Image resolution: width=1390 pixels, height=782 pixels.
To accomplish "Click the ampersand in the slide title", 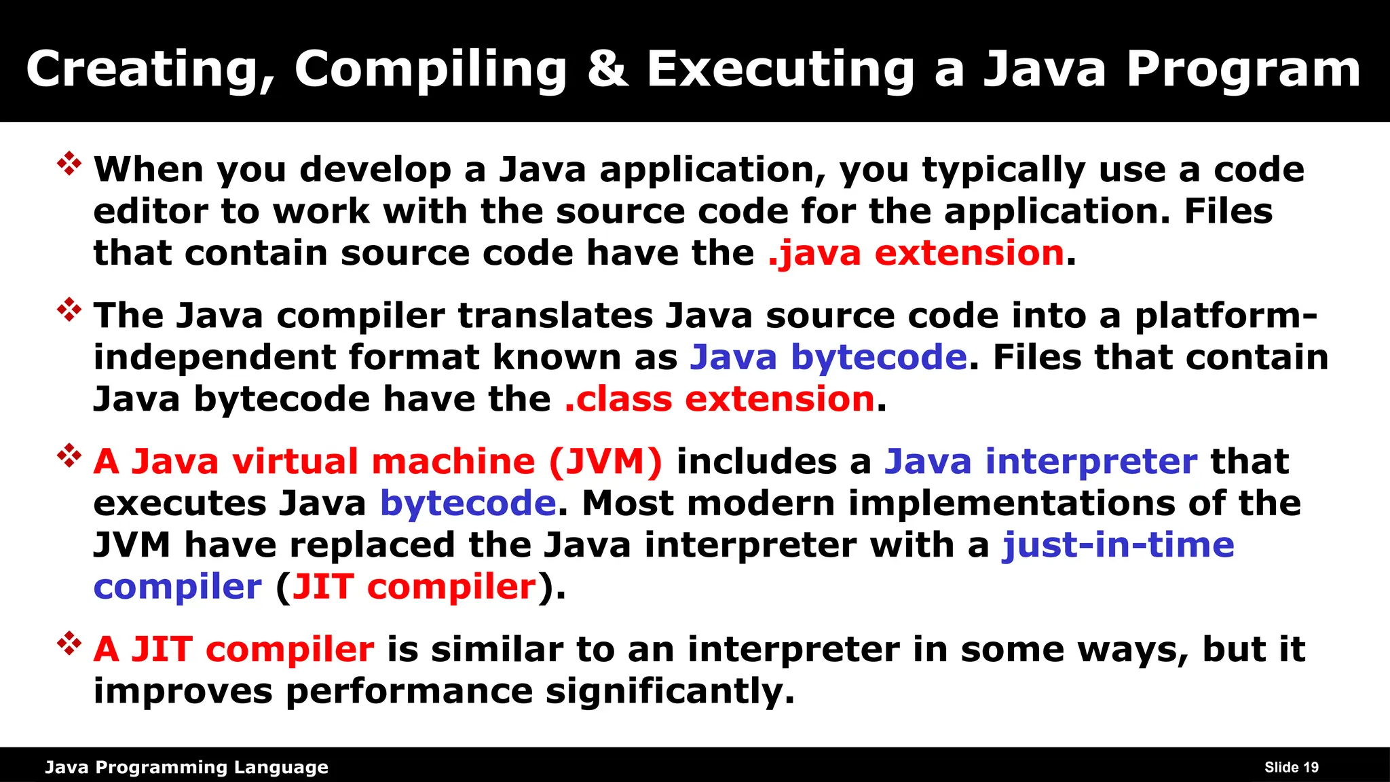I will point(607,69).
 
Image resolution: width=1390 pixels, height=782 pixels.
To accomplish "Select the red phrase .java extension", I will point(916,253).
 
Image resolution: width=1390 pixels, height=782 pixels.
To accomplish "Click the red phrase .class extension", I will point(719,398).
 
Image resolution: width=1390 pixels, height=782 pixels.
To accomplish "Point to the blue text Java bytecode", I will point(828,357).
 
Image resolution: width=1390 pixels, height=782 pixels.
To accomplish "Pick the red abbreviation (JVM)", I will point(605,462).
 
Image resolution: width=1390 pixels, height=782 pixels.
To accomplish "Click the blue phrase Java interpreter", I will point(1040,462).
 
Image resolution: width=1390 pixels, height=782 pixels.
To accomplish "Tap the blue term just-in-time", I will point(1119,545).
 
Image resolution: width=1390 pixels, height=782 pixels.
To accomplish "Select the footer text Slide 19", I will point(1291,767).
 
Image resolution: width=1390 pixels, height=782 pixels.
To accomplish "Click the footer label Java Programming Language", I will point(187,767).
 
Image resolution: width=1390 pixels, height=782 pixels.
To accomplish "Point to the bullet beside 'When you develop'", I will point(69,164).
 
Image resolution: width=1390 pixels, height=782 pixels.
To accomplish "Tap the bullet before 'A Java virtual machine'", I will point(69,455).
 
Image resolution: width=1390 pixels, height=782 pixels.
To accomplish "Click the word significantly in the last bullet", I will point(670,692).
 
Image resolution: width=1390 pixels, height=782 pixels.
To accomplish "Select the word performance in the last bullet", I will point(409,692).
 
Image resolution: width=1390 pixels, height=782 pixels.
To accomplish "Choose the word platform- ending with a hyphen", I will point(1226,316).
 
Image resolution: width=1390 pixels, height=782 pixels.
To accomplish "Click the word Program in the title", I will point(1243,71).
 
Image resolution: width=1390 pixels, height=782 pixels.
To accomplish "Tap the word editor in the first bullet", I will point(151,211).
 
